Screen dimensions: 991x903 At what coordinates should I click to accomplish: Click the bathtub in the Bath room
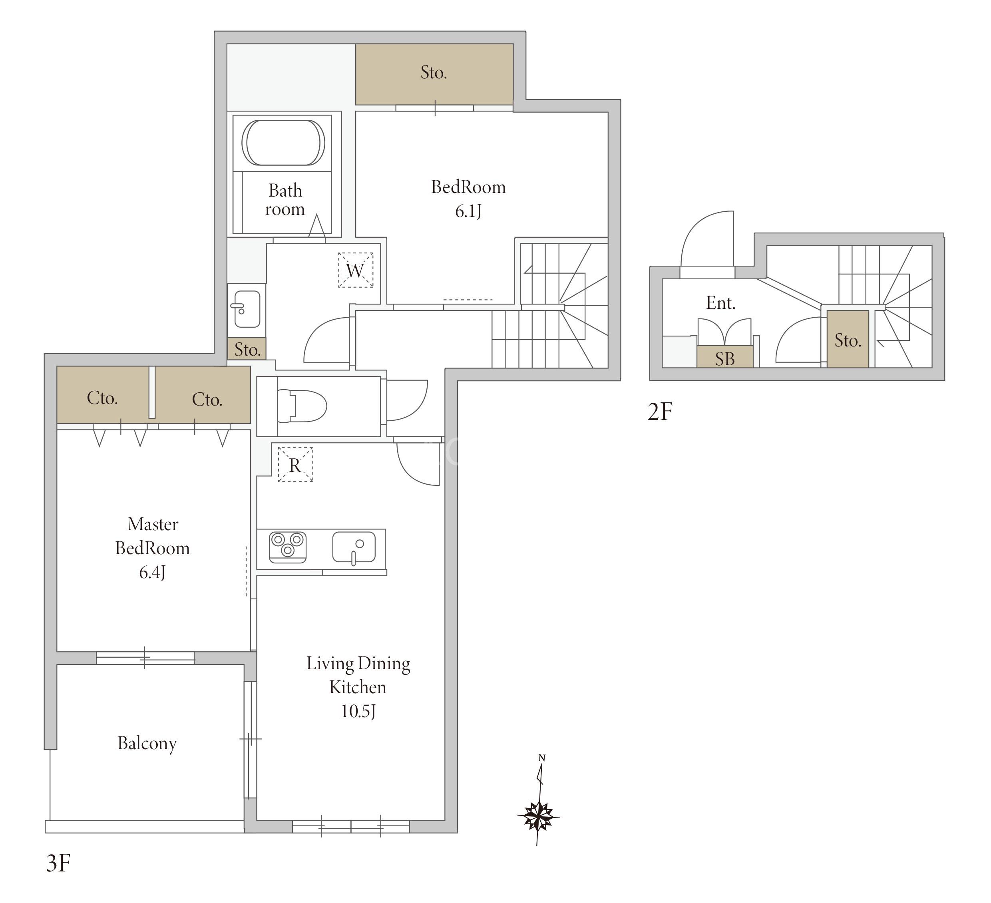tap(283, 143)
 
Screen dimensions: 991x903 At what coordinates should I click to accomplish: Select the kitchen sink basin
tap(354, 547)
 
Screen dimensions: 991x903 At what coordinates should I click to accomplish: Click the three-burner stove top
tap(288, 547)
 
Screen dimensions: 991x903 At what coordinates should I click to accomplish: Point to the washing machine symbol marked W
tap(355, 270)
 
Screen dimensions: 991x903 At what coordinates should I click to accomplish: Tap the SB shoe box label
tap(724, 359)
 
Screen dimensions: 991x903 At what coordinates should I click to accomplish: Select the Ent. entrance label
tap(720, 303)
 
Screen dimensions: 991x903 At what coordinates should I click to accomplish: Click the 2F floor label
tap(660, 412)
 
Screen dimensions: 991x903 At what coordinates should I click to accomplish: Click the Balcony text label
tap(147, 743)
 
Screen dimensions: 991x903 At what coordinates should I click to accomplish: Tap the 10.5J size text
tap(358, 711)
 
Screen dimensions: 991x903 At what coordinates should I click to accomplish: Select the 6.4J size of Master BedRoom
tap(152, 572)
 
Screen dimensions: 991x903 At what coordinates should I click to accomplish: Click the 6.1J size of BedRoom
tap(468, 211)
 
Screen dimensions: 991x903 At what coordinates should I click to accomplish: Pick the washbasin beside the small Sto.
tap(246, 309)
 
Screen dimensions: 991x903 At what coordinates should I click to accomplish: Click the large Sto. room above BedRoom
tap(434, 74)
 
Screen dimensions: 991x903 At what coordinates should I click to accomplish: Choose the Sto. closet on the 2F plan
tap(848, 339)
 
